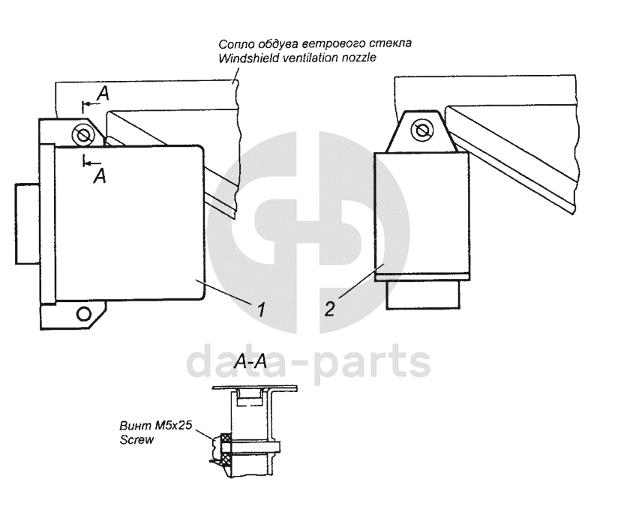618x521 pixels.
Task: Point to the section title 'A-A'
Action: tap(250, 363)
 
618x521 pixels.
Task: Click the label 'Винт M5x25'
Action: tap(156, 427)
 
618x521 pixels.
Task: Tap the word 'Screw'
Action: tap(136, 440)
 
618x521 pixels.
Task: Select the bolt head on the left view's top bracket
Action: tap(82, 135)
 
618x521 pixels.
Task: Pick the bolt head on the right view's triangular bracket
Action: tap(421, 130)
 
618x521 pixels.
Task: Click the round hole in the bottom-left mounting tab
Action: tap(84, 311)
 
